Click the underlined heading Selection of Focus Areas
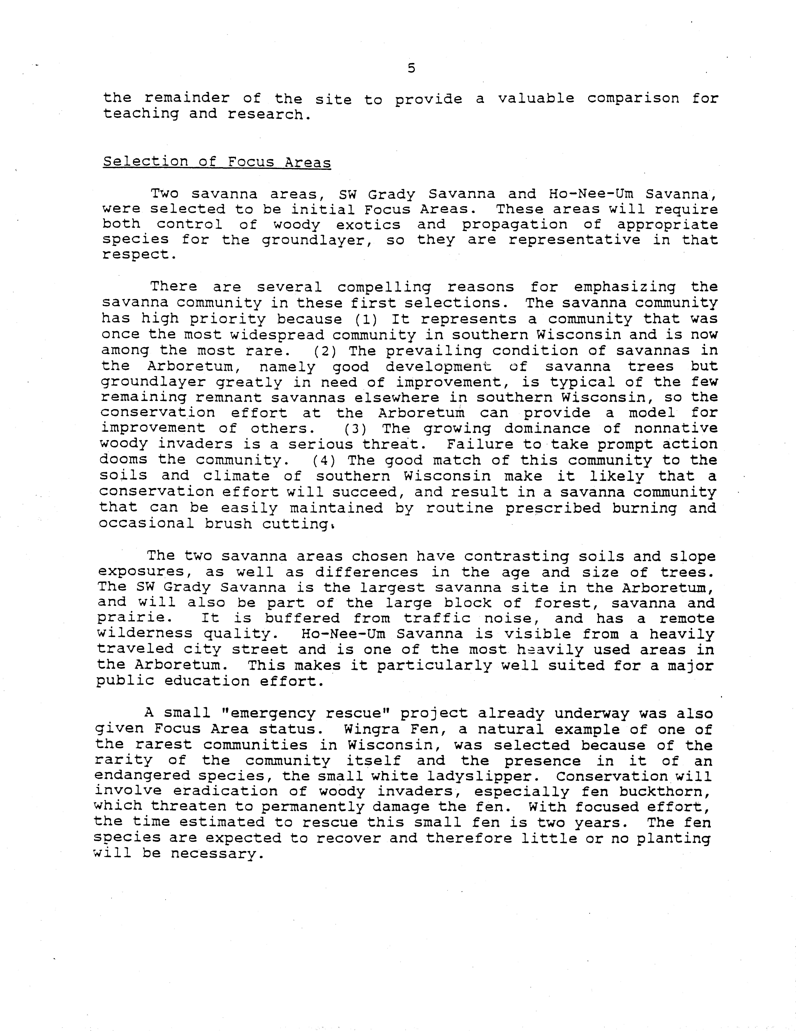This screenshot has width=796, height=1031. point(217,162)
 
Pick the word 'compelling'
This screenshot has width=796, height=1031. point(384,287)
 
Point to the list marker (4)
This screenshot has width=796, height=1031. point(324,460)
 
